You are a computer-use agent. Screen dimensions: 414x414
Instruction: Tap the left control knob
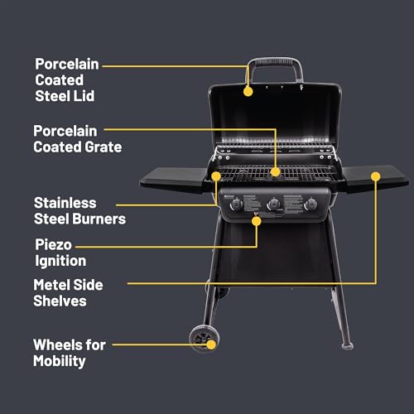(238, 205)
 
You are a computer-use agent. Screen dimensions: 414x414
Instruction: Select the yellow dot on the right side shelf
(375, 176)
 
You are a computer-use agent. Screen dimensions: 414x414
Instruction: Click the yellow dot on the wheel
(213, 344)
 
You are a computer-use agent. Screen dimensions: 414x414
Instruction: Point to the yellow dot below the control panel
(257, 221)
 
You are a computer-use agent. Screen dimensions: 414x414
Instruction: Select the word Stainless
(65, 203)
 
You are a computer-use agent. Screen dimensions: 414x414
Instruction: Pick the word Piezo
(53, 245)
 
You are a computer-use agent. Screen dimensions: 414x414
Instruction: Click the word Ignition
(60, 262)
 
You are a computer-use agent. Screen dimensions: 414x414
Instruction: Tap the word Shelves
(60, 301)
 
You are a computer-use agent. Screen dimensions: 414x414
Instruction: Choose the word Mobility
(60, 361)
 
